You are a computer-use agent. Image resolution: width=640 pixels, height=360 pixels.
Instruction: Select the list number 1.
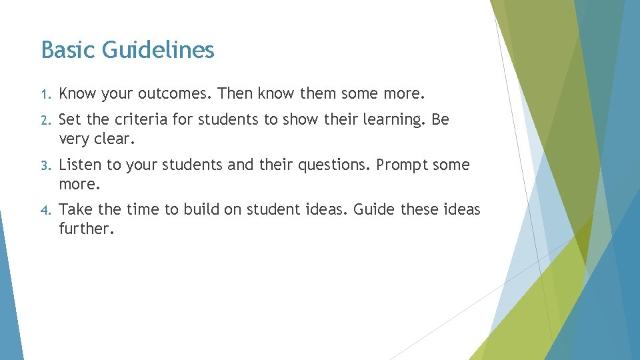(x=44, y=95)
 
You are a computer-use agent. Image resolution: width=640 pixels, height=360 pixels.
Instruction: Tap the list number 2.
(x=44, y=121)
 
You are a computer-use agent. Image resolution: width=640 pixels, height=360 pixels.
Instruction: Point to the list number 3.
(x=44, y=165)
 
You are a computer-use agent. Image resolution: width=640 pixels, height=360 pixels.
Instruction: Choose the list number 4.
(x=44, y=210)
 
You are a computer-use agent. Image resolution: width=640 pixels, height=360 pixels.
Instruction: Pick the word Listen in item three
(x=79, y=165)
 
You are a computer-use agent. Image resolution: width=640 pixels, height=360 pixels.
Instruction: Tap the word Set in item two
(x=70, y=120)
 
